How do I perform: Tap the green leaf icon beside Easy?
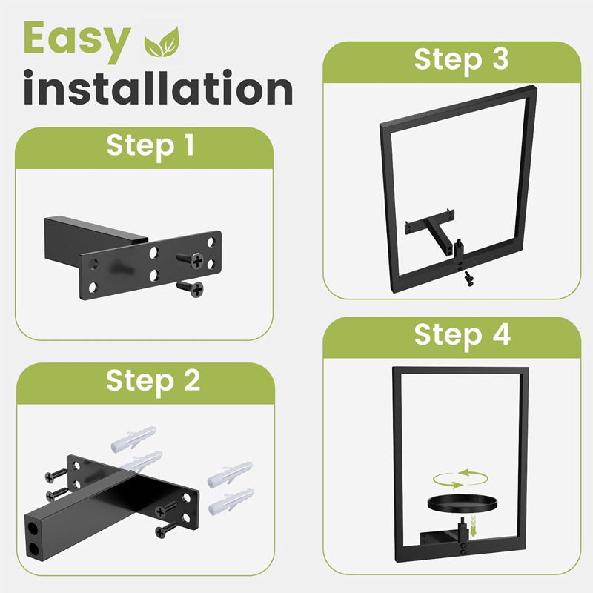click(162, 42)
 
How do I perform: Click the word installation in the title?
click(158, 87)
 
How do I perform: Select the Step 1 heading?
click(150, 145)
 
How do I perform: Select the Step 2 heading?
click(153, 381)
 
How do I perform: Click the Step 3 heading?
click(461, 61)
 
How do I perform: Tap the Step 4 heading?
click(462, 336)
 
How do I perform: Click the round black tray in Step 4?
click(462, 503)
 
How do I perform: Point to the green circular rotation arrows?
click(460, 479)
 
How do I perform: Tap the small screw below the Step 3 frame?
click(469, 278)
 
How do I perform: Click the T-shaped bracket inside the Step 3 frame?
click(431, 230)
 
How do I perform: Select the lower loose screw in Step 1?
click(191, 289)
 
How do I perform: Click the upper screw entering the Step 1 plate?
click(191, 260)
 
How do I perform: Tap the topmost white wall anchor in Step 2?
click(133, 439)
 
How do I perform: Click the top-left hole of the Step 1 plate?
click(93, 264)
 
